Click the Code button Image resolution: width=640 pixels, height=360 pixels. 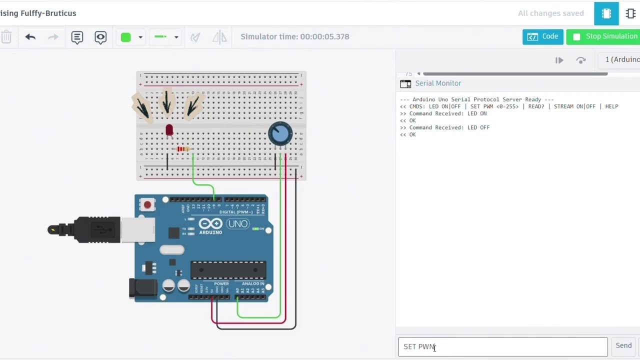point(542,36)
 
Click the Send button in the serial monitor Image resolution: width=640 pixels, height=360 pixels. point(623,345)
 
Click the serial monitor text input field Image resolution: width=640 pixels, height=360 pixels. point(502,346)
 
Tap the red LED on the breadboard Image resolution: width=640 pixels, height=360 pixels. point(169,130)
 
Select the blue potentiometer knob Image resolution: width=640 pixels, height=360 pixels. point(280,133)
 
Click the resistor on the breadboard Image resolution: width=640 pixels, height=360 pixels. point(183,149)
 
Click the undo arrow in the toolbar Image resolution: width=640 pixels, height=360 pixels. point(30,37)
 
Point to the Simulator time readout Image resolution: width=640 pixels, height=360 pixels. point(294,36)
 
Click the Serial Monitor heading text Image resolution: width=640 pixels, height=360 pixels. point(438,83)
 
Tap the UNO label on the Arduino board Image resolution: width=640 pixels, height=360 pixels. point(237,223)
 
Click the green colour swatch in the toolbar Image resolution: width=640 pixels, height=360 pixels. point(125,37)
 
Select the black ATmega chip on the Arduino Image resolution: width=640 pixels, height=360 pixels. point(228,270)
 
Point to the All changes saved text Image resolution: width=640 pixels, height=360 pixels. point(550,13)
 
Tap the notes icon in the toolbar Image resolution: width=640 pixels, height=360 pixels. point(77,37)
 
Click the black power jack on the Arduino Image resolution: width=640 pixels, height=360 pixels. point(142,289)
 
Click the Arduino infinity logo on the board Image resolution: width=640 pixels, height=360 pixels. point(210,224)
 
